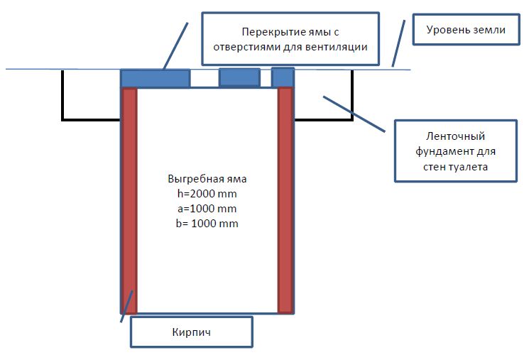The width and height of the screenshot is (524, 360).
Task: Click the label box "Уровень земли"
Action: pos(466,29)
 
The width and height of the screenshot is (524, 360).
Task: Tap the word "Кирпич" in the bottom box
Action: pos(192,332)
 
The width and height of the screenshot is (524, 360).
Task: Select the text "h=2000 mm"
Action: pos(207,194)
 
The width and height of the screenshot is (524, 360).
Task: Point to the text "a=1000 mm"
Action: pos(207,209)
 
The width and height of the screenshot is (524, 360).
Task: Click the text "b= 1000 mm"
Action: pos(207,223)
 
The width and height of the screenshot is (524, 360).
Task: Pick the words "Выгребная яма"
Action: pos(207,179)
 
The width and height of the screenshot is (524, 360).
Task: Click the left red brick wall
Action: pos(129,200)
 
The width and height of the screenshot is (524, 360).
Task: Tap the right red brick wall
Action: pos(285,200)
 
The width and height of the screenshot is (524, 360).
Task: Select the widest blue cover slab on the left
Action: pos(155,79)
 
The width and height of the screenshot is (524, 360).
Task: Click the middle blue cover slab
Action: pos(239,77)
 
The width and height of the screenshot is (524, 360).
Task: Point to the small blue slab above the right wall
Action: pos(283,77)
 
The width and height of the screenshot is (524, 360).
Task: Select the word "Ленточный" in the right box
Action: pos(456,136)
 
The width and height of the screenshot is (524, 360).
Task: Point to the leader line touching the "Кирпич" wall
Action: pos(127,307)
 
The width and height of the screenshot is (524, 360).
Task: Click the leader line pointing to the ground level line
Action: pos(398,43)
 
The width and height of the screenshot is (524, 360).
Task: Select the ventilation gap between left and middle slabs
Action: pos(204,79)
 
